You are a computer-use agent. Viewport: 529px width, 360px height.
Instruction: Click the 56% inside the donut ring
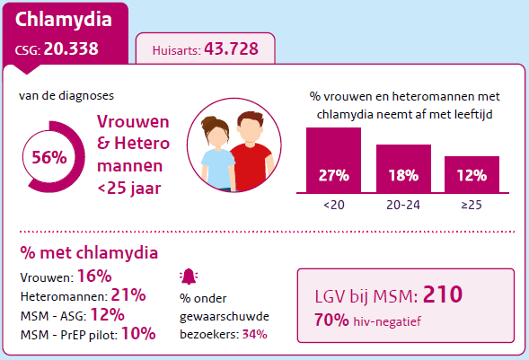click(49, 157)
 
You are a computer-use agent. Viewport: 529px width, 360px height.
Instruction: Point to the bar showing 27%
click(333, 161)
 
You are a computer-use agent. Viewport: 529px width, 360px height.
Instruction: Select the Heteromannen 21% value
click(128, 295)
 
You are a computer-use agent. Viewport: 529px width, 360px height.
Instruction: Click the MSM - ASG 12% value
click(109, 314)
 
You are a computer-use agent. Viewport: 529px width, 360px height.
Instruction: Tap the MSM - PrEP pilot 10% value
click(138, 334)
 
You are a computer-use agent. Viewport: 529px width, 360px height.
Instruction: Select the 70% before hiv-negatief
click(331, 319)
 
